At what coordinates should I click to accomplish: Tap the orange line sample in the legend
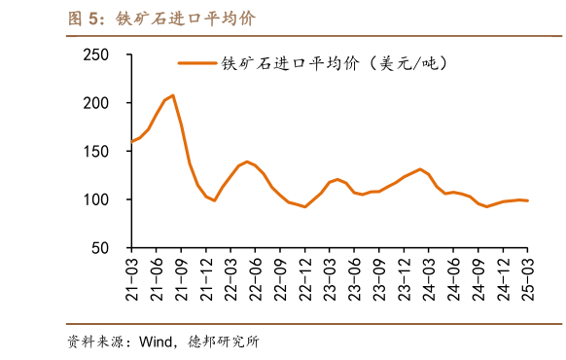click(x=196, y=63)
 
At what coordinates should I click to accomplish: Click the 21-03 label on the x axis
click(x=132, y=277)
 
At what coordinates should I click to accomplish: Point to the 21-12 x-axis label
click(x=206, y=277)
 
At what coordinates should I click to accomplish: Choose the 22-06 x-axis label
click(x=256, y=277)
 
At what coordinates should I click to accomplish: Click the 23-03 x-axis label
click(x=330, y=277)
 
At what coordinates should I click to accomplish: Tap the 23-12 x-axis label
click(x=404, y=277)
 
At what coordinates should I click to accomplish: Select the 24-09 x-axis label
click(x=478, y=277)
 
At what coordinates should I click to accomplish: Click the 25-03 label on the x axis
click(x=528, y=277)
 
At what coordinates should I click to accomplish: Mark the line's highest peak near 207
click(x=172, y=95)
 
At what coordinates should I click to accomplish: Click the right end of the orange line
click(x=528, y=200)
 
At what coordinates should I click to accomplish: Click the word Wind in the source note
click(x=156, y=342)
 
